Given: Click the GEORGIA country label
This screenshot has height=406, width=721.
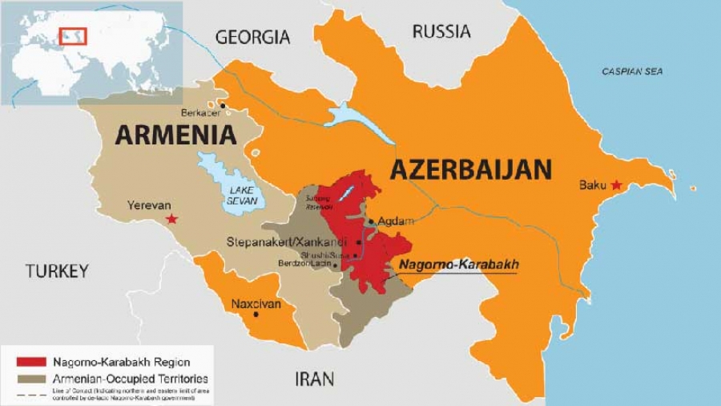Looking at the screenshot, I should tap(252, 37).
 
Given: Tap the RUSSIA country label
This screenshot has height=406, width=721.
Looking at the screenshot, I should tap(441, 32).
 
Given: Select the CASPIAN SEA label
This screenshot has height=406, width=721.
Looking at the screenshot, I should tap(632, 72).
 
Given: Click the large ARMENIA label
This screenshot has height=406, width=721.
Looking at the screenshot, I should tap(175, 134).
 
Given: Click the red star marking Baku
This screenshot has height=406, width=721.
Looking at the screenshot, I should tap(615, 185).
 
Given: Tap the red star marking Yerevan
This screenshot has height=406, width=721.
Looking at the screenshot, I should tap(170, 218).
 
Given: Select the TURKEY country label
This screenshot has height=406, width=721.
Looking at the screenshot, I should tap(56, 271).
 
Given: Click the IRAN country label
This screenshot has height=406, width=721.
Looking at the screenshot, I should tap(314, 378).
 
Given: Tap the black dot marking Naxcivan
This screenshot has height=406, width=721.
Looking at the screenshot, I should tap(256, 314).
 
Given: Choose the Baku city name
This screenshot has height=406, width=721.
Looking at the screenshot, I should tap(592, 185).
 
